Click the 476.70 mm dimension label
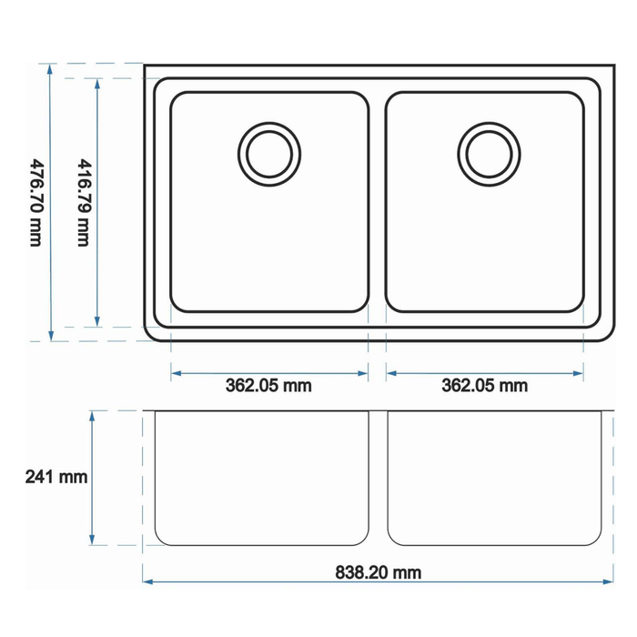[x=36, y=202]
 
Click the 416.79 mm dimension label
[x=84, y=202]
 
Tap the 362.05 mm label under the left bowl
[x=268, y=386]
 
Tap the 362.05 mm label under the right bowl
[x=485, y=386]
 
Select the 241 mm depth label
[x=56, y=477]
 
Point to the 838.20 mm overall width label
[x=379, y=572]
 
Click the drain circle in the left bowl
[x=269, y=155]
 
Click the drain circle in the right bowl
[x=489, y=155]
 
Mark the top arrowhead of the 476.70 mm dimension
[x=50, y=69]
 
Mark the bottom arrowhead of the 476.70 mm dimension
[x=51, y=336]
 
